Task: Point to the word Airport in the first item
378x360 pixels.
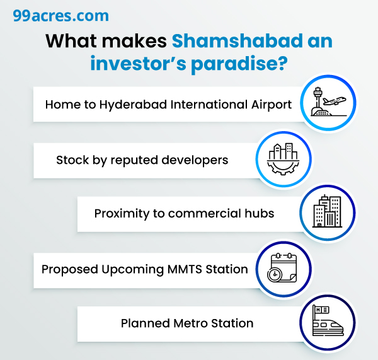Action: coord(268,104)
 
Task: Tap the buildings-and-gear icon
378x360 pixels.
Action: coord(282,158)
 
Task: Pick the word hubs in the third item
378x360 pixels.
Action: coord(260,213)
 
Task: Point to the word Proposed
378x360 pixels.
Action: coord(69,269)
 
